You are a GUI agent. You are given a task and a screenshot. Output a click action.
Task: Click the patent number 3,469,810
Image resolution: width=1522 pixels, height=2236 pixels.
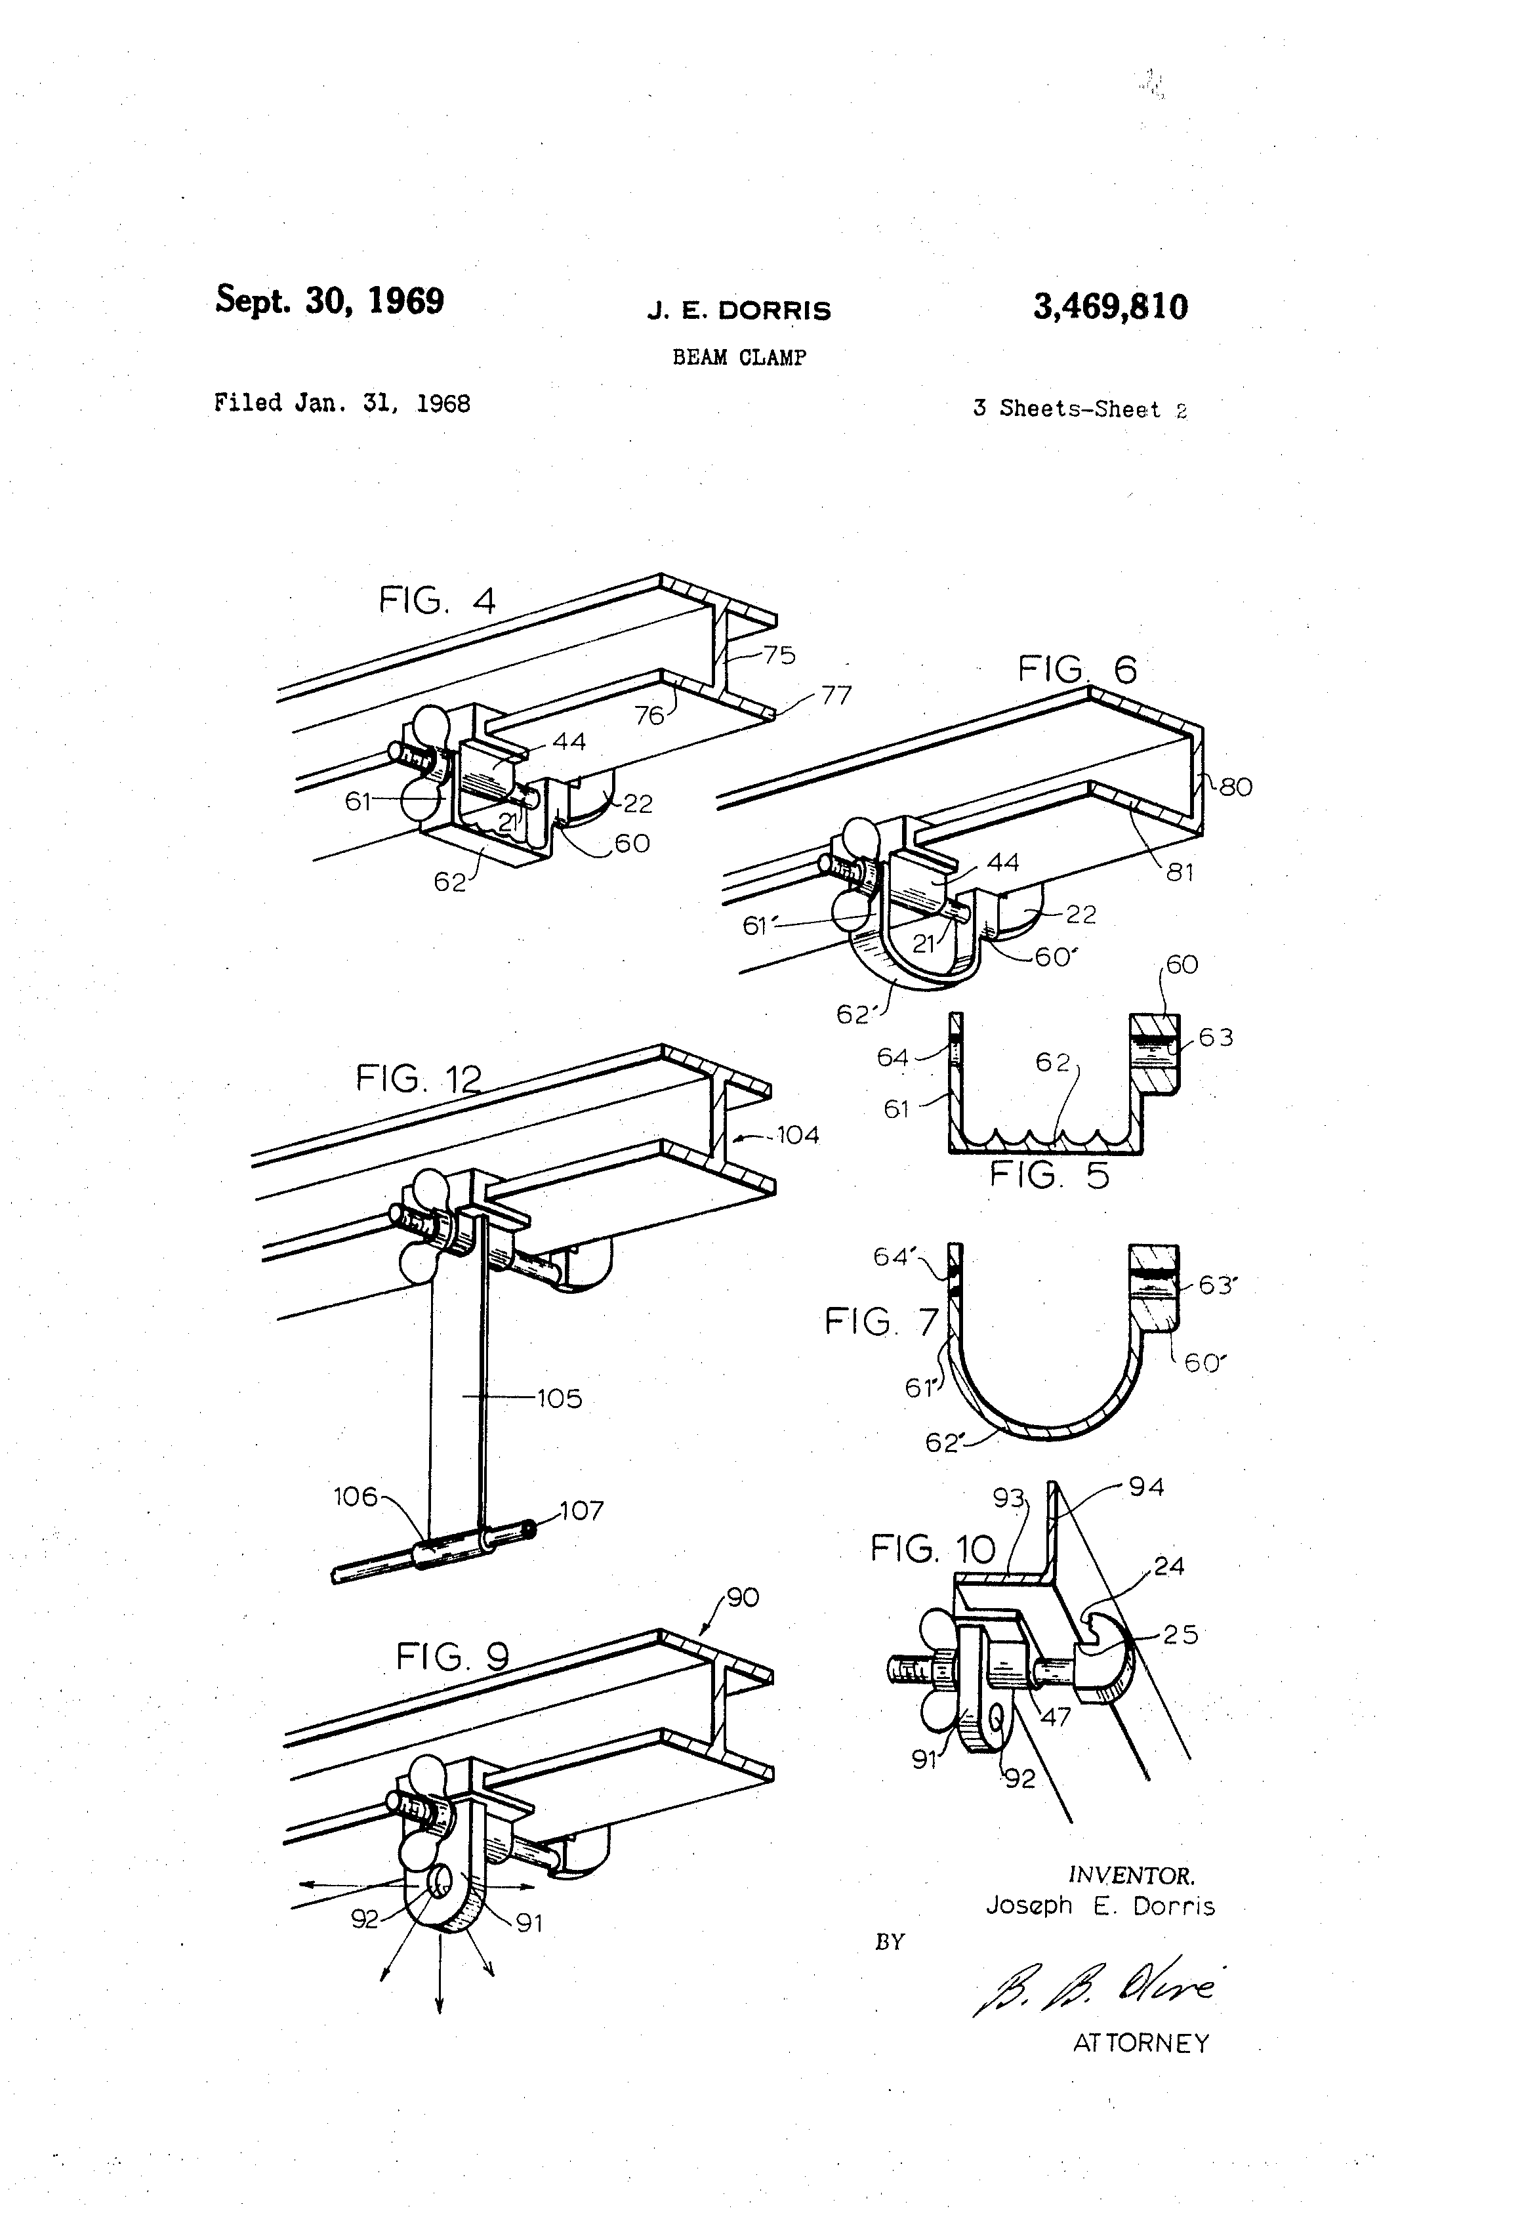click(x=1110, y=307)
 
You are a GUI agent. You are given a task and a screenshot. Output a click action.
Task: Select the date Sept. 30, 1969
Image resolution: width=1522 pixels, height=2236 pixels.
click(x=329, y=300)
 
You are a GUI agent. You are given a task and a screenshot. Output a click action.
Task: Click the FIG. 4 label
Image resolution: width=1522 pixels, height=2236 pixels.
click(x=437, y=600)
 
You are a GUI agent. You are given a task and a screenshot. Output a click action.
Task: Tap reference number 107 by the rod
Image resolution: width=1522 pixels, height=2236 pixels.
click(x=581, y=1510)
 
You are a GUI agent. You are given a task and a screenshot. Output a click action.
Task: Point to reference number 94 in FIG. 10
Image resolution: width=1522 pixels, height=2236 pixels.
click(x=1146, y=1487)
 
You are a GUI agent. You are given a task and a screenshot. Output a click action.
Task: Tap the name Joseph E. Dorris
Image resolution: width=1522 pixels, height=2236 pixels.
click(x=1100, y=1906)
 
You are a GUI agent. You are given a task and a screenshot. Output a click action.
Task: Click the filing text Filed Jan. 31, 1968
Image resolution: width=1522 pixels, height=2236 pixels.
click(x=342, y=403)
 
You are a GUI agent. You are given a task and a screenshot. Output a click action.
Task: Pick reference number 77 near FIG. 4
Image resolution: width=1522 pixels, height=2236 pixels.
click(x=836, y=695)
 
